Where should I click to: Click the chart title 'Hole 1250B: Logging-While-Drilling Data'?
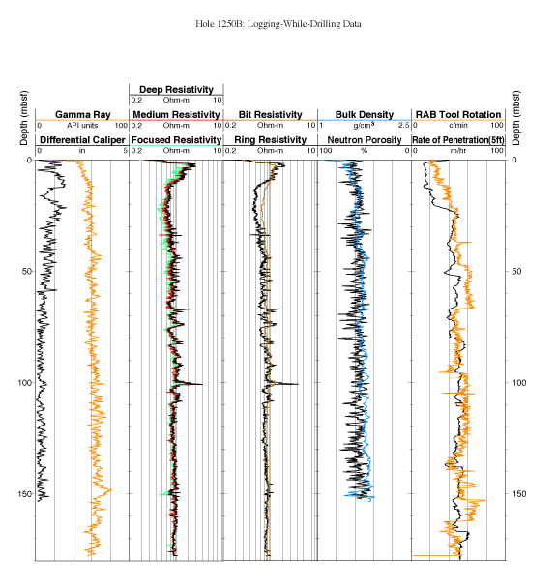(x=278, y=24)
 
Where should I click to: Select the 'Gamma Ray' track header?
(x=82, y=115)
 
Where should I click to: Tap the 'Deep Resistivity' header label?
(x=176, y=90)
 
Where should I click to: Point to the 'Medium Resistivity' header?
(x=176, y=115)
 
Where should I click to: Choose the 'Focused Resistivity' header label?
(x=176, y=140)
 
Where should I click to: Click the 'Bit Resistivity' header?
(x=270, y=115)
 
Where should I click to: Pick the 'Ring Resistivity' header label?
(x=270, y=140)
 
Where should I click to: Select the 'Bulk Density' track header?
(x=365, y=115)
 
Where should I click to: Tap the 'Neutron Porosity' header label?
(x=365, y=140)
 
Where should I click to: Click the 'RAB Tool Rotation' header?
(x=458, y=115)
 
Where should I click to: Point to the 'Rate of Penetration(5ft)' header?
(x=458, y=140)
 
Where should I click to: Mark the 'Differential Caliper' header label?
(x=82, y=140)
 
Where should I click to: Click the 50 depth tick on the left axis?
(x=27, y=271)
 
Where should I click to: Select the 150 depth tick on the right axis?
(x=518, y=493)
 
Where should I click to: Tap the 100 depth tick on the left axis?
(x=25, y=383)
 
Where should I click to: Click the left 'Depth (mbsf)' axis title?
(x=24, y=118)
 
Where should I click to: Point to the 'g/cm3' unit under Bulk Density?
(x=364, y=126)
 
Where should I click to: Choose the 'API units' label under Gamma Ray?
(x=82, y=126)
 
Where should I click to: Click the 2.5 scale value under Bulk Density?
(x=403, y=126)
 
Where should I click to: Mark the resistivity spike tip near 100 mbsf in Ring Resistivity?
(x=298, y=384)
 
